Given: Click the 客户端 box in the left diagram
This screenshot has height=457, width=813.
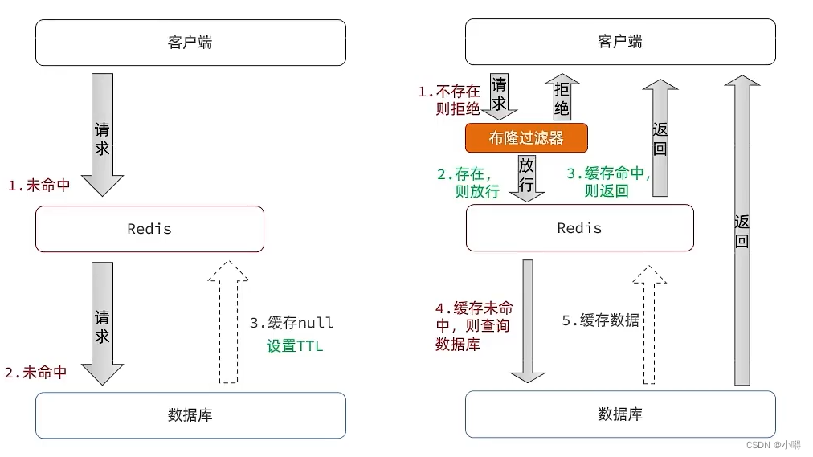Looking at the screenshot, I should (x=190, y=42).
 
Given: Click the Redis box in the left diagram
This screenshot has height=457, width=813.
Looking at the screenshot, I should (x=149, y=229).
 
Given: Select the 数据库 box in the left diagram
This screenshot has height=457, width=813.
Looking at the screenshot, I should (x=190, y=415).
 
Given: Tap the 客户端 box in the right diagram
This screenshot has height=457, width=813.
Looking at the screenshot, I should (x=620, y=42).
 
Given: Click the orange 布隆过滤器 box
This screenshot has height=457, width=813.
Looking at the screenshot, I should (x=526, y=137).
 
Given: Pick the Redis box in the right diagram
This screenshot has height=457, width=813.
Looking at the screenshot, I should (x=580, y=228).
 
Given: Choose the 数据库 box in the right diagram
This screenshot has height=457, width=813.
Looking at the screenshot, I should (x=620, y=414).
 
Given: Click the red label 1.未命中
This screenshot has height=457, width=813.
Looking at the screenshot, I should (x=39, y=186).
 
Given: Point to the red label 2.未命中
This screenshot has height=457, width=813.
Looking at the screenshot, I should (x=36, y=373).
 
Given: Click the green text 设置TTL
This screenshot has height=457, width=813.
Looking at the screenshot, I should (x=295, y=347).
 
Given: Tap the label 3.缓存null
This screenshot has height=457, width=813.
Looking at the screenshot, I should (x=291, y=323).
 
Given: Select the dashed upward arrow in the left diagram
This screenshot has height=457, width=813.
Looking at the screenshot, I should (x=228, y=321).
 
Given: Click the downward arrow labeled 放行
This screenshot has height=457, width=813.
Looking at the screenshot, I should (x=527, y=176).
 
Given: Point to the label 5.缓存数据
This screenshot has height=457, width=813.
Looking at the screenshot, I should (x=600, y=320).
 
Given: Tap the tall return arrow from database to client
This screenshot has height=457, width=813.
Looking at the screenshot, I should (x=742, y=229).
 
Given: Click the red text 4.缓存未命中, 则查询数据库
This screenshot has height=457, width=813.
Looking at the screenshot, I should (x=474, y=326).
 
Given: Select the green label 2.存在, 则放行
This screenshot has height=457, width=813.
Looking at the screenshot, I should (x=468, y=182).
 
